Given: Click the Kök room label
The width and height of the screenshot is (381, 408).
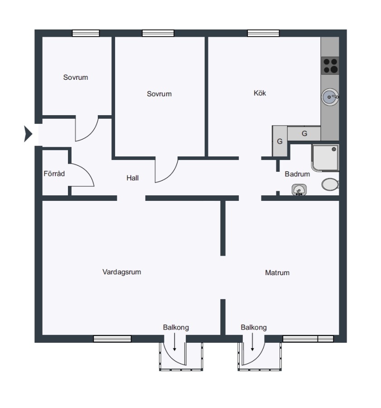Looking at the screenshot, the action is [260, 93].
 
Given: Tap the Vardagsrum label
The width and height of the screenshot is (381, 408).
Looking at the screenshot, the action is [122, 272].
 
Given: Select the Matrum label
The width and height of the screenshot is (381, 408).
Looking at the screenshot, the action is [277, 273].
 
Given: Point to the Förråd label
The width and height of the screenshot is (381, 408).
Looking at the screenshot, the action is [54, 174].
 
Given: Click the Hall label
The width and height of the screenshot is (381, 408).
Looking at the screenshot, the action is [132, 178].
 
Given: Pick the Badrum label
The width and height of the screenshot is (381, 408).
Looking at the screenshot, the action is [297, 174].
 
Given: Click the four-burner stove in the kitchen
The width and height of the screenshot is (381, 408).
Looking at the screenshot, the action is [330, 66].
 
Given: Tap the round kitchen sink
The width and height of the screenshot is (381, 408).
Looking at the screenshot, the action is [330, 97].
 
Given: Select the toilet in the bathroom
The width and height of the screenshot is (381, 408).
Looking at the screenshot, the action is [330, 185].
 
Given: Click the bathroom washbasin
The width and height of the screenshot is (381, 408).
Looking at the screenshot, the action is [299, 189].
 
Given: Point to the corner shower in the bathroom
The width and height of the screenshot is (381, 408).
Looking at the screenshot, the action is [325, 158].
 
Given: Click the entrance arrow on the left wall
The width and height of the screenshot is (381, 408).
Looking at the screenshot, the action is [28, 134].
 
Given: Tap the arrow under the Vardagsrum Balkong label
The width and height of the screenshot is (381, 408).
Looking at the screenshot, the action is [174, 342].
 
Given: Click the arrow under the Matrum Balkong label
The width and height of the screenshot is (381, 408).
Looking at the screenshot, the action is [252, 342].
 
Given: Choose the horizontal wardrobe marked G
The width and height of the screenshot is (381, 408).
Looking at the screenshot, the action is [304, 134].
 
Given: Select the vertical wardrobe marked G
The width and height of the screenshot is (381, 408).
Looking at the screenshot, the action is [280, 141].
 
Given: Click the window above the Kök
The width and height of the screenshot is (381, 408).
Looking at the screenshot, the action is [263, 33].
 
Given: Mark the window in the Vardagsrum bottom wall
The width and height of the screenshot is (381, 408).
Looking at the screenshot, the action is [112, 339].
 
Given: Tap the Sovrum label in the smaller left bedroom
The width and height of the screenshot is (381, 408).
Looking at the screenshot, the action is [75, 77].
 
